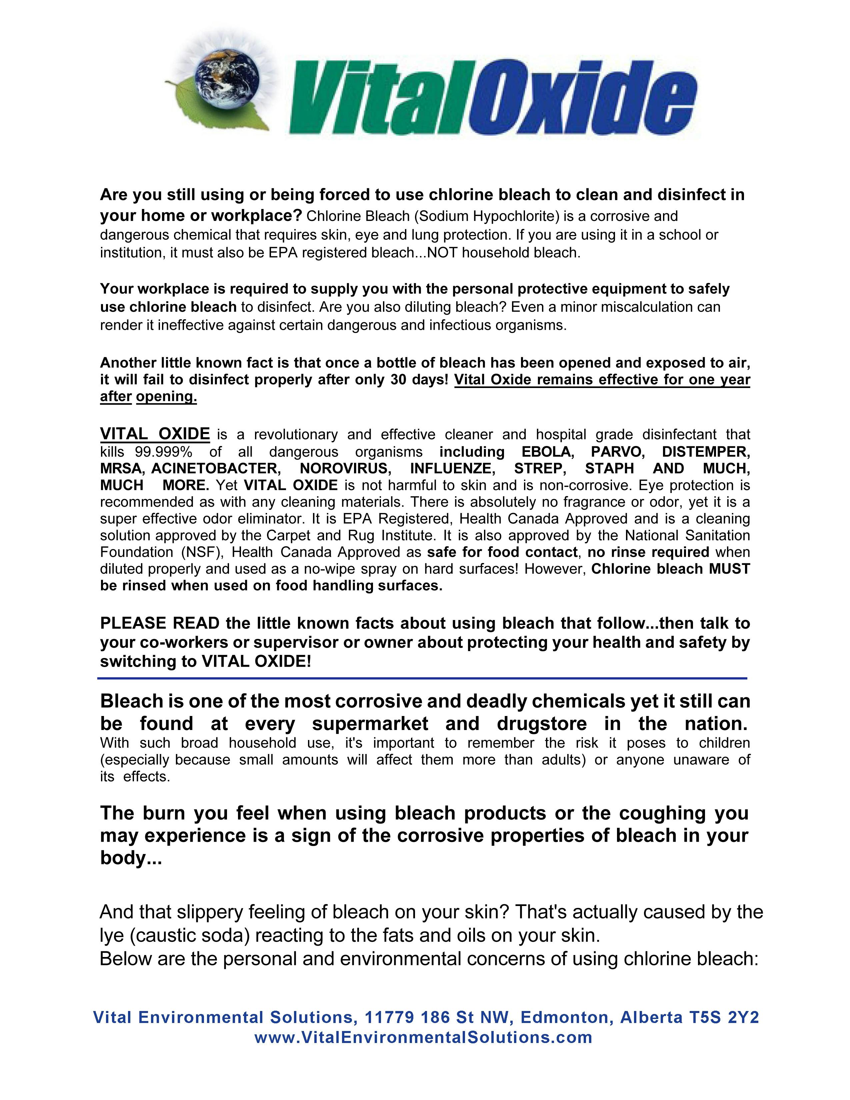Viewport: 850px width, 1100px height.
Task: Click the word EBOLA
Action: (x=546, y=451)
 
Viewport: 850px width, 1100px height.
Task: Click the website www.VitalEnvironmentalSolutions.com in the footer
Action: (x=423, y=1038)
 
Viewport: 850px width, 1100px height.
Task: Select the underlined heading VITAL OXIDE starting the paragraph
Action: (x=155, y=434)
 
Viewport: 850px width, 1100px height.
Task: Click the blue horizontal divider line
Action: (x=422, y=678)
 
